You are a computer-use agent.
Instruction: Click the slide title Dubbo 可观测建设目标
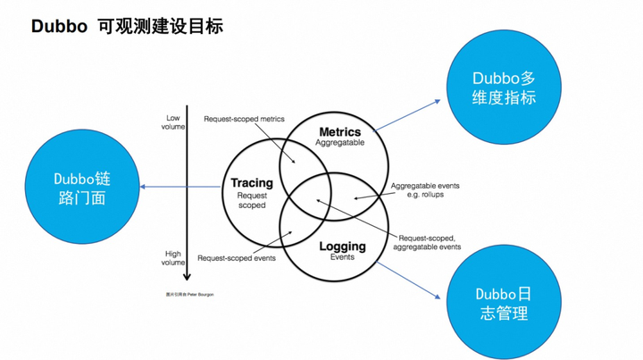[127, 26]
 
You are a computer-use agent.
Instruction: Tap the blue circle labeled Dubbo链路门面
[82, 188]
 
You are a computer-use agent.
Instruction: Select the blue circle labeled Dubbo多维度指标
[504, 87]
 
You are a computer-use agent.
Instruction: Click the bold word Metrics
[339, 132]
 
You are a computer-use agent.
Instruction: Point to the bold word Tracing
[251, 183]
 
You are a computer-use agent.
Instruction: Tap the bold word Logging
[342, 246]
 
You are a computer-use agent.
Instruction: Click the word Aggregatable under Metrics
[339, 143]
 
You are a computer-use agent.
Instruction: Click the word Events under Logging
[342, 257]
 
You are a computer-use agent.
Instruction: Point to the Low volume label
[173, 121]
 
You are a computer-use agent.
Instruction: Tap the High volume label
[173, 257]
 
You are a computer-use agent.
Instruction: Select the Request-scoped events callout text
[236, 258]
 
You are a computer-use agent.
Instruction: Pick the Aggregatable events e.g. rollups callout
[425, 190]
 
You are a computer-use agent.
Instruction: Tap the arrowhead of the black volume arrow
[187, 277]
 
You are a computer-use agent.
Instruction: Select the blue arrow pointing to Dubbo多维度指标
[411, 115]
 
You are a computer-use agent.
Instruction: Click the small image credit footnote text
[189, 294]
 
